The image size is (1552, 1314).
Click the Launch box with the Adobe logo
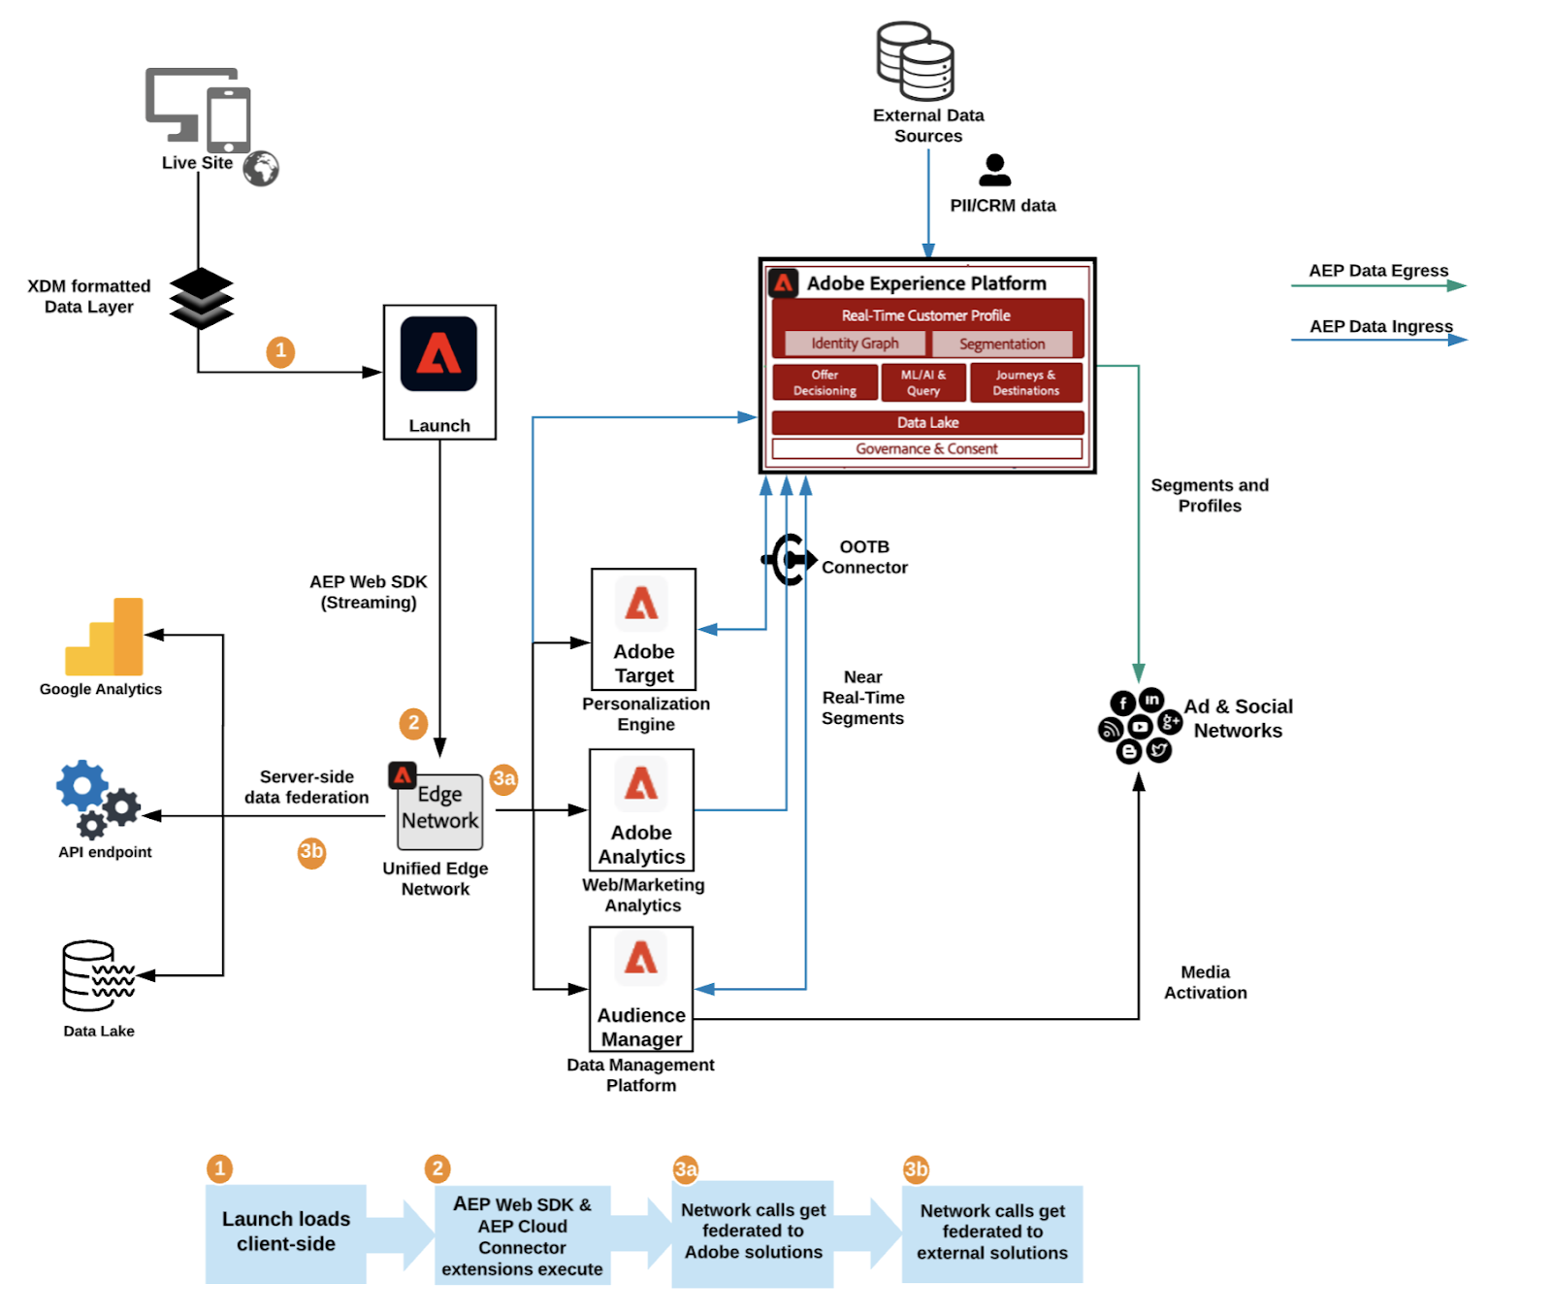(439, 372)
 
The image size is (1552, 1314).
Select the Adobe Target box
(643, 629)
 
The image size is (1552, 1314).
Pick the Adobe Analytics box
(641, 809)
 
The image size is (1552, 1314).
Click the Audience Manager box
(641, 988)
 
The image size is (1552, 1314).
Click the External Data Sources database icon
(915, 61)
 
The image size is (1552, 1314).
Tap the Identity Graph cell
(855, 344)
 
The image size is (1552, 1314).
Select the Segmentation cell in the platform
(1002, 344)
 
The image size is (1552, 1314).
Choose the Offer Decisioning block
(824, 382)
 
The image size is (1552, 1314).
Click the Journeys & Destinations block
(1025, 382)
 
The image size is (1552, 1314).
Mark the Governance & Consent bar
(926, 448)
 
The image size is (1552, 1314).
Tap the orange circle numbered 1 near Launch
(280, 351)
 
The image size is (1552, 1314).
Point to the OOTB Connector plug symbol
(789, 559)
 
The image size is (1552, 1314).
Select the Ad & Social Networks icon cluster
(1140, 726)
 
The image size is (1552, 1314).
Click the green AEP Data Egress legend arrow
(1377, 285)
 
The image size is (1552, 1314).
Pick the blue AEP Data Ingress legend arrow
(1378, 340)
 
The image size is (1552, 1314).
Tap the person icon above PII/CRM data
(994, 170)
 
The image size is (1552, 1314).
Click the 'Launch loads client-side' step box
(286, 1233)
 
